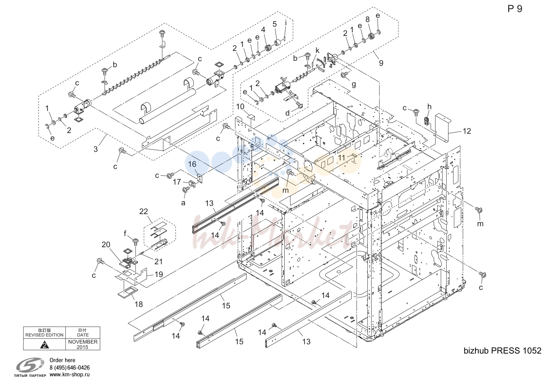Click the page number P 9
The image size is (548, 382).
(515, 9)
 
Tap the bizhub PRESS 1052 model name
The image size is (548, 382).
(502, 351)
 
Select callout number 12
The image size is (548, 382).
(467, 131)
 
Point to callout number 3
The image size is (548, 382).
(96, 149)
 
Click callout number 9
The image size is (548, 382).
(381, 63)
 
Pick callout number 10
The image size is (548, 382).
(240, 107)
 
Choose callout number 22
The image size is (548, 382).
(144, 211)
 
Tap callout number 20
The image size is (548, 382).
(106, 244)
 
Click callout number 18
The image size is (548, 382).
(139, 304)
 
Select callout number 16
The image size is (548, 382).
(192, 164)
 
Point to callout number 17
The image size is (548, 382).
(177, 182)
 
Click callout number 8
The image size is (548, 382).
(368, 20)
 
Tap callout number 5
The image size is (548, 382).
(274, 24)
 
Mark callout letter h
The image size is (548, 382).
(430, 107)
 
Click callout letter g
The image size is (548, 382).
(354, 85)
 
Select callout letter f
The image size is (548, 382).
(125, 234)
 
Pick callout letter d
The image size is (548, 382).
(288, 113)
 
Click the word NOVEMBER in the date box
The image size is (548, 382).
(83, 342)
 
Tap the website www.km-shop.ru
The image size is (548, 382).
(69, 375)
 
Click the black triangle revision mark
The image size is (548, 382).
(44, 345)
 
